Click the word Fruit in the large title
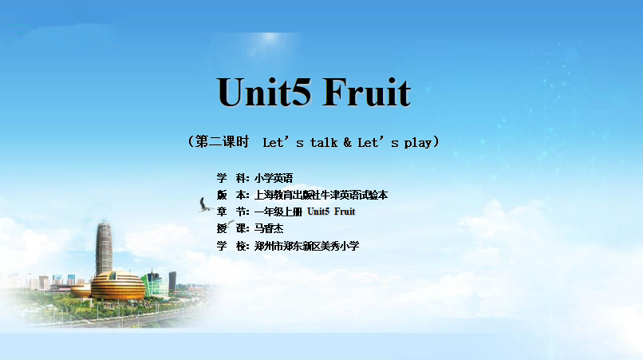click(x=367, y=92)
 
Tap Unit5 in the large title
click(x=264, y=92)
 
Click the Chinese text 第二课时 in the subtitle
click(x=222, y=141)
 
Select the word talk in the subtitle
click(x=324, y=142)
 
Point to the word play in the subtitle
click(x=418, y=143)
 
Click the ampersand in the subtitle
click(x=347, y=142)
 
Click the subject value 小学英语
click(x=274, y=178)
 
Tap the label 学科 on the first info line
click(x=232, y=178)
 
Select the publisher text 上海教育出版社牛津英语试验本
click(x=321, y=195)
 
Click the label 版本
click(x=232, y=195)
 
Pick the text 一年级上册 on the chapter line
click(x=278, y=212)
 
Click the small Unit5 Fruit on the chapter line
click(x=331, y=212)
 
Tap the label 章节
click(x=232, y=212)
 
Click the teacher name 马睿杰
click(x=269, y=228)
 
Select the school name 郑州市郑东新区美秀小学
click(x=306, y=246)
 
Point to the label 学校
click(x=232, y=246)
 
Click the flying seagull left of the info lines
click(x=205, y=205)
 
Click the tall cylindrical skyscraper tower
click(x=104, y=248)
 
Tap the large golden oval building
click(x=118, y=285)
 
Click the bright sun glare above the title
click(x=270, y=38)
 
